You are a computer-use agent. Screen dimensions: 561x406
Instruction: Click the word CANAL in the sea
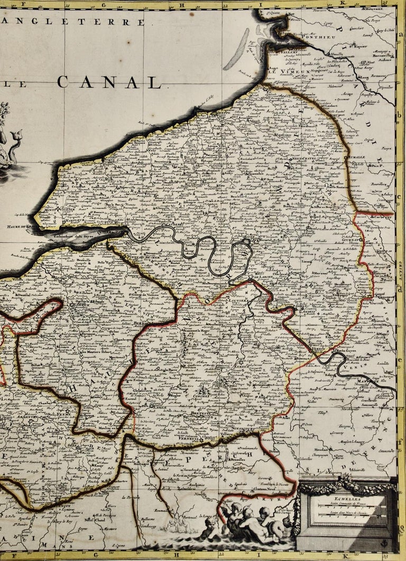[x=108, y=82]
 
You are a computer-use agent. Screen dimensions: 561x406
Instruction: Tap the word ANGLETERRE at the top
[x=72, y=22]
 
